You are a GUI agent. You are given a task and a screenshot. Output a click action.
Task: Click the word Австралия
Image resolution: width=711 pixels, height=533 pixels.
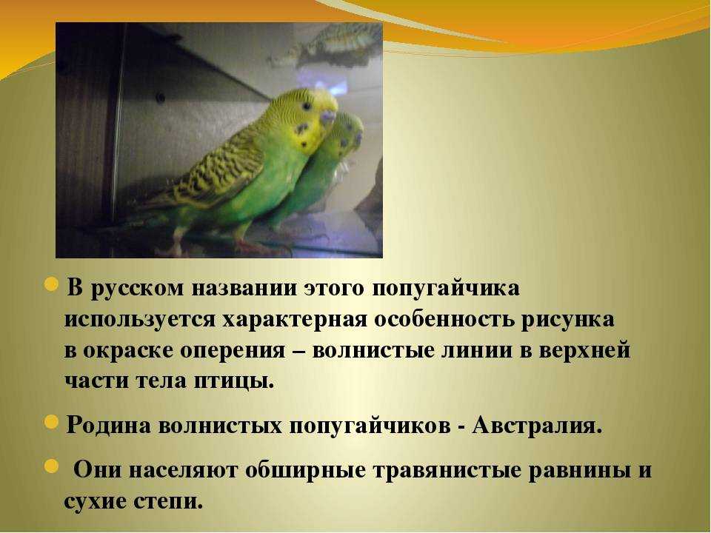(x=537, y=426)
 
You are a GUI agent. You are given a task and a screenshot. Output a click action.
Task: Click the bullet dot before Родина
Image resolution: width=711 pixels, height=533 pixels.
(x=52, y=423)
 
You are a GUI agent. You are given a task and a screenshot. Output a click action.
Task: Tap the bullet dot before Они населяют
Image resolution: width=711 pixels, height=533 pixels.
(x=52, y=466)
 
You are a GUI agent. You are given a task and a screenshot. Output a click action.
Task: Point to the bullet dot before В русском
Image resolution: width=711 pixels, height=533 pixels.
(x=52, y=286)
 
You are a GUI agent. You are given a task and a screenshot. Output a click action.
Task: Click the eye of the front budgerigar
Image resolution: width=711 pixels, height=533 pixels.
(x=307, y=107)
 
